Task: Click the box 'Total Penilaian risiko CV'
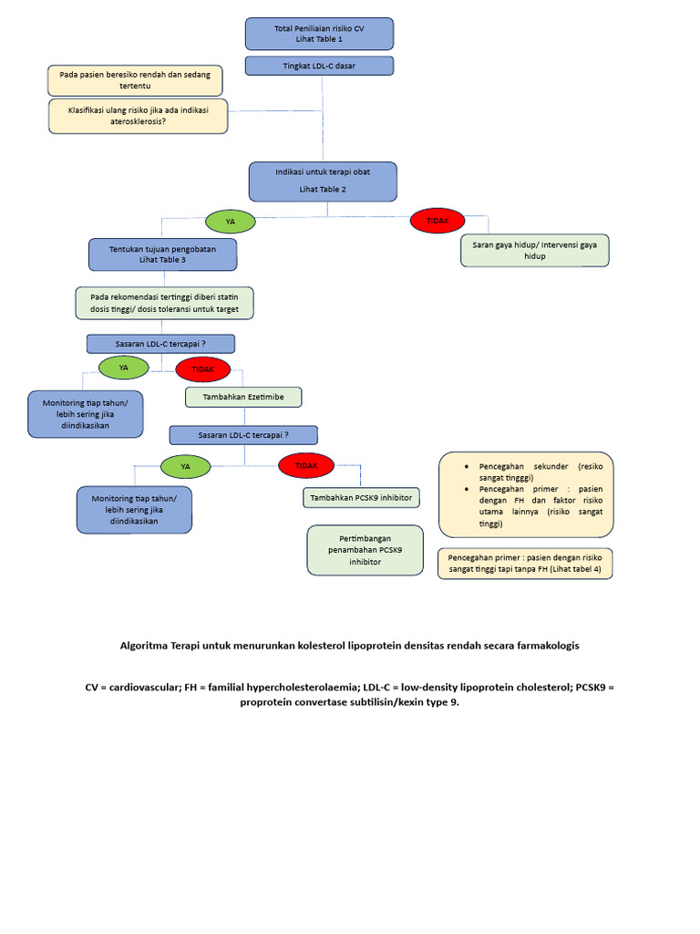click(x=319, y=34)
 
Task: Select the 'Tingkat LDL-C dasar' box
click(x=319, y=66)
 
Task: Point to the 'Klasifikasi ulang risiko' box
click(x=138, y=116)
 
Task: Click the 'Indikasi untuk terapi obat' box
click(x=323, y=181)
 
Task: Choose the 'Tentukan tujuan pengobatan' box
click(x=162, y=254)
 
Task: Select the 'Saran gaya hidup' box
click(x=534, y=250)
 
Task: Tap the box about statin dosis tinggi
click(x=164, y=303)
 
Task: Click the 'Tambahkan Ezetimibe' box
click(x=242, y=397)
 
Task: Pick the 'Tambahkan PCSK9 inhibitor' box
click(x=361, y=497)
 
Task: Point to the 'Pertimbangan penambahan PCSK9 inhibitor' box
click(x=365, y=550)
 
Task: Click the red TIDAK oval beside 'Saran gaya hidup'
click(x=437, y=220)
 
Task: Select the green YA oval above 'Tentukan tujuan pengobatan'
click(x=230, y=222)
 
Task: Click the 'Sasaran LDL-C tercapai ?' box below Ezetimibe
click(x=243, y=434)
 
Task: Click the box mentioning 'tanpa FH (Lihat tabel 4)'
click(x=525, y=563)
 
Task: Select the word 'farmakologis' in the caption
click(x=545, y=645)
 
